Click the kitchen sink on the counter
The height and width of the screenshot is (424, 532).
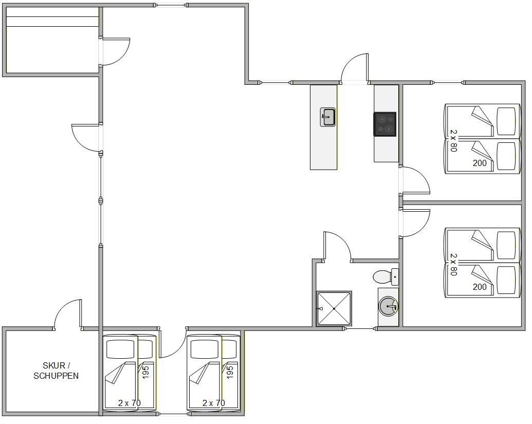click(327, 117)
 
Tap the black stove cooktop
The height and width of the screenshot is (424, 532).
click(385, 124)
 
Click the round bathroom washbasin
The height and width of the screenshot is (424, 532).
click(388, 307)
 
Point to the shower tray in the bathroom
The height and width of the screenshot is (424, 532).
click(334, 309)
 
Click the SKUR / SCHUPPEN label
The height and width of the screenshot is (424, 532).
click(56, 371)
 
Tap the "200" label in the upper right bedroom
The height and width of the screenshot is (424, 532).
click(480, 163)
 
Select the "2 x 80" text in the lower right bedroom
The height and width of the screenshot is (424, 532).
click(454, 265)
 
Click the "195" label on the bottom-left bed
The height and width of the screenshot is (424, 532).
click(145, 372)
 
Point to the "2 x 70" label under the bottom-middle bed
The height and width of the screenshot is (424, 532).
click(214, 403)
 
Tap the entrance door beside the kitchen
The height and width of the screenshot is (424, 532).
click(355, 68)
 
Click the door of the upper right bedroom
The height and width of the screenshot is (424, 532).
click(415, 180)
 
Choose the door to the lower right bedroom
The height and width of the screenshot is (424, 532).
click(415, 223)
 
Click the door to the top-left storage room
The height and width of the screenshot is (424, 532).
click(115, 51)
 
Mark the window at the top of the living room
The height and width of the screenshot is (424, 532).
click(171, 5)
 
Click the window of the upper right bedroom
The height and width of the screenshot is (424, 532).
click(448, 82)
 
